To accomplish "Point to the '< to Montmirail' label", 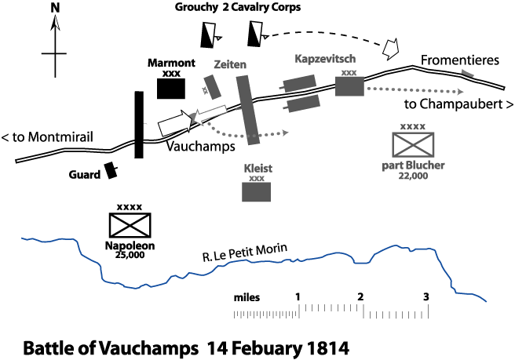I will tap(48, 136).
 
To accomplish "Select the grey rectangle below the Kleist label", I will tap(256, 191).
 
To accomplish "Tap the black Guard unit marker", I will tap(112, 171).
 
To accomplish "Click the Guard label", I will tap(85, 174).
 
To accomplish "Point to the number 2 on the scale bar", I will tap(360, 297).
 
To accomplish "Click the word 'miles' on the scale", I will tap(247, 298).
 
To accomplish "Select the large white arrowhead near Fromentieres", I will tap(390, 48).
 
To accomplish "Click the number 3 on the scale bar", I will tap(426, 297).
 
